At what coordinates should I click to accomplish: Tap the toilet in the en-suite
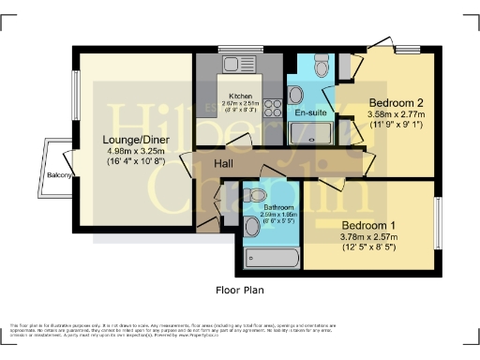322,65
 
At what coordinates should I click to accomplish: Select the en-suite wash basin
295,94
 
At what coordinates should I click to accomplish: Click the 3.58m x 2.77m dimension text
396,115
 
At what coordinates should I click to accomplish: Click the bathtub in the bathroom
270,256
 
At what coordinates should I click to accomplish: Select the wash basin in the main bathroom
251,226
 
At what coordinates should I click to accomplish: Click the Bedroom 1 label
368,226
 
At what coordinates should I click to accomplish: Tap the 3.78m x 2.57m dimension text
368,238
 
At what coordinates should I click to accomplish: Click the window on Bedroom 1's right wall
437,223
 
